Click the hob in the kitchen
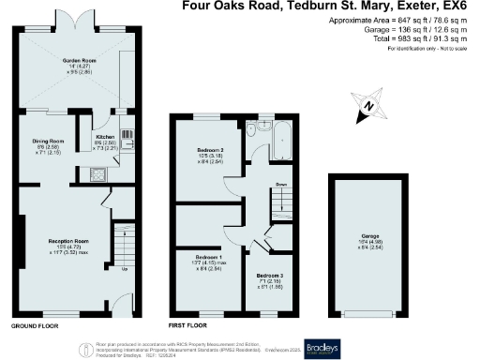click(97, 174)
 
